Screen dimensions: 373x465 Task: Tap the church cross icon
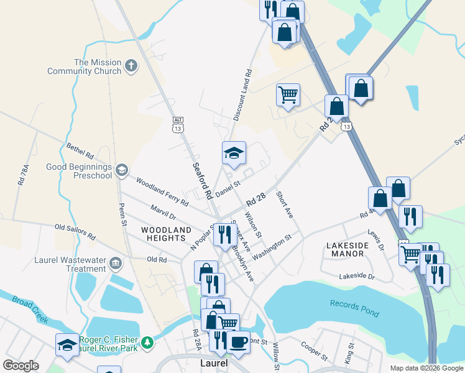pos(131,65)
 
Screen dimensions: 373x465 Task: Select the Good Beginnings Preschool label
pos(79,171)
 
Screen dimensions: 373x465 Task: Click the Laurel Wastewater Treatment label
pos(76,265)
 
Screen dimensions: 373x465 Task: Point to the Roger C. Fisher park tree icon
pos(147,343)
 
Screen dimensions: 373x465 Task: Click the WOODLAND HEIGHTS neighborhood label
pos(166,234)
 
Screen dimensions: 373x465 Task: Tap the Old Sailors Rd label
pos(75,233)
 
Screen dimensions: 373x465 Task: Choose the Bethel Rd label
pos(80,150)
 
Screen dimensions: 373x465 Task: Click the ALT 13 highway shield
pos(178,124)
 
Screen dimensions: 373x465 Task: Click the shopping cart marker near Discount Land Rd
pos(288,95)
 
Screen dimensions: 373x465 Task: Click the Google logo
pos(21,366)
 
